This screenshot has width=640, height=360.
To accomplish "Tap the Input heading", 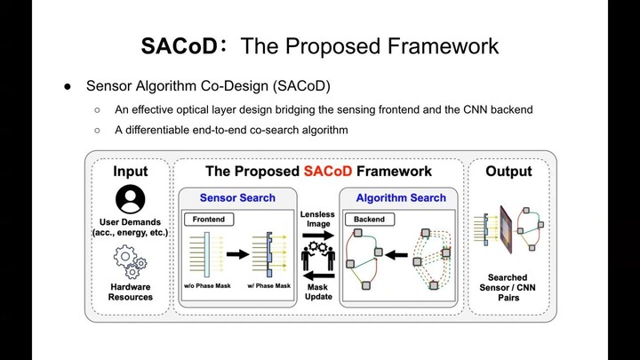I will click(x=130, y=171).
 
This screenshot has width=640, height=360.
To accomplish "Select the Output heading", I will click(x=508, y=171).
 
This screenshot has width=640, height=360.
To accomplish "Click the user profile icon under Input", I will click(x=130, y=198).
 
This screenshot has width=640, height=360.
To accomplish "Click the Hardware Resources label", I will click(x=130, y=292).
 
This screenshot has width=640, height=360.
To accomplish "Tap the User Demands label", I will click(x=130, y=227).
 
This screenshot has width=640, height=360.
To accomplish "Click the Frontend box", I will click(x=206, y=219).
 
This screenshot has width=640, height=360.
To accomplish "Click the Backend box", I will click(x=369, y=219).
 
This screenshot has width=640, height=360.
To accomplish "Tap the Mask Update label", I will click(x=318, y=292).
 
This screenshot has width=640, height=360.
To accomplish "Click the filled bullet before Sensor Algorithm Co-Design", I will click(x=68, y=86).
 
